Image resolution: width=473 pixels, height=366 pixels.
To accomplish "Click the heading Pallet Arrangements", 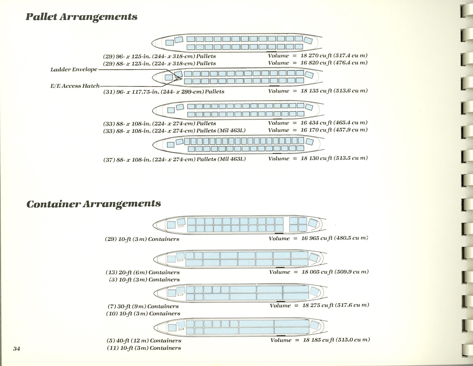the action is tap(81, 17).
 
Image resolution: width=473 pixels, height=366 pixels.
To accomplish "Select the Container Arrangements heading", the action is tap(94, 204).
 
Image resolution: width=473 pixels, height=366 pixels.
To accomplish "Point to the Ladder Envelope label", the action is tap(74, 69).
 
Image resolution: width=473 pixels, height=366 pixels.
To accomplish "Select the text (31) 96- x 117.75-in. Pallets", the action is tap(164, 91).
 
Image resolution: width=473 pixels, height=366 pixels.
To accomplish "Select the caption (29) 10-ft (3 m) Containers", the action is tap(142, 239).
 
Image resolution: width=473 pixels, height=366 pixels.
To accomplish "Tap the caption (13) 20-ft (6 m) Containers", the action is tap(143, 272).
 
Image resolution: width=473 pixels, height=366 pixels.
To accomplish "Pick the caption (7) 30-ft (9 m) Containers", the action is tap(142, 306).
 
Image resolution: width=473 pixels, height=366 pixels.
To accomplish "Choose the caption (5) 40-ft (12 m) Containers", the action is tap(144, 341).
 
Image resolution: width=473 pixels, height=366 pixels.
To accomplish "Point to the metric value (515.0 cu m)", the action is tap(352, 340).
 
